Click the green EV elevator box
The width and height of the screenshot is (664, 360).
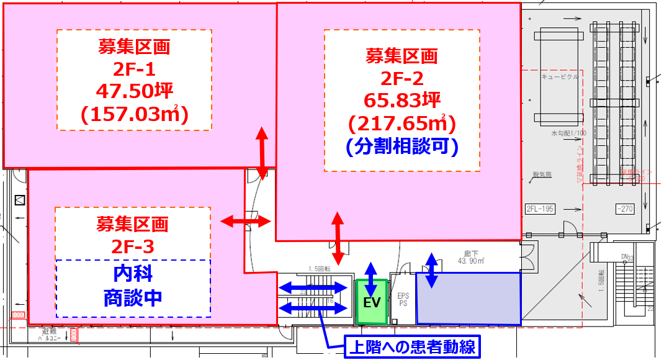[x=371, y=303]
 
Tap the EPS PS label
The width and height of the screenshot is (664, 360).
[x=402, y=300]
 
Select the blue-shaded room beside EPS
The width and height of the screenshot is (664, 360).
[x=469, y=299]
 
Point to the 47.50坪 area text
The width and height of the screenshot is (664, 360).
[x=133, y=91]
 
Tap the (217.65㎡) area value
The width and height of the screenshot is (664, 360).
[x=402, y=124]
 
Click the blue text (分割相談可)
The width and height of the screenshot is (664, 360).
[x=402, y=146]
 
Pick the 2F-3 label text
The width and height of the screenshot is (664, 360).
[x=133, y=246]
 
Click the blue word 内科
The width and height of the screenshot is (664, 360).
[x=133, y=273]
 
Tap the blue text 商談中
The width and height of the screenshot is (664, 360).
[x=133, y=297]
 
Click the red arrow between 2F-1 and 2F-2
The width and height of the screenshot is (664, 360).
[x=262, y=153]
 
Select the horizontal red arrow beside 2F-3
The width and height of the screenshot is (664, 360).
[x=246, y=220]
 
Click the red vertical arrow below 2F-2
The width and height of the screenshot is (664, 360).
[x=338, y=238]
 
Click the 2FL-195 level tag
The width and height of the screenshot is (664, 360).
[x=539, y=209]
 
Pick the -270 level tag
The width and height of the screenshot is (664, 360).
[x=624, y=209]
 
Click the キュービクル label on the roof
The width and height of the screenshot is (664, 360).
[x=560, y=77]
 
